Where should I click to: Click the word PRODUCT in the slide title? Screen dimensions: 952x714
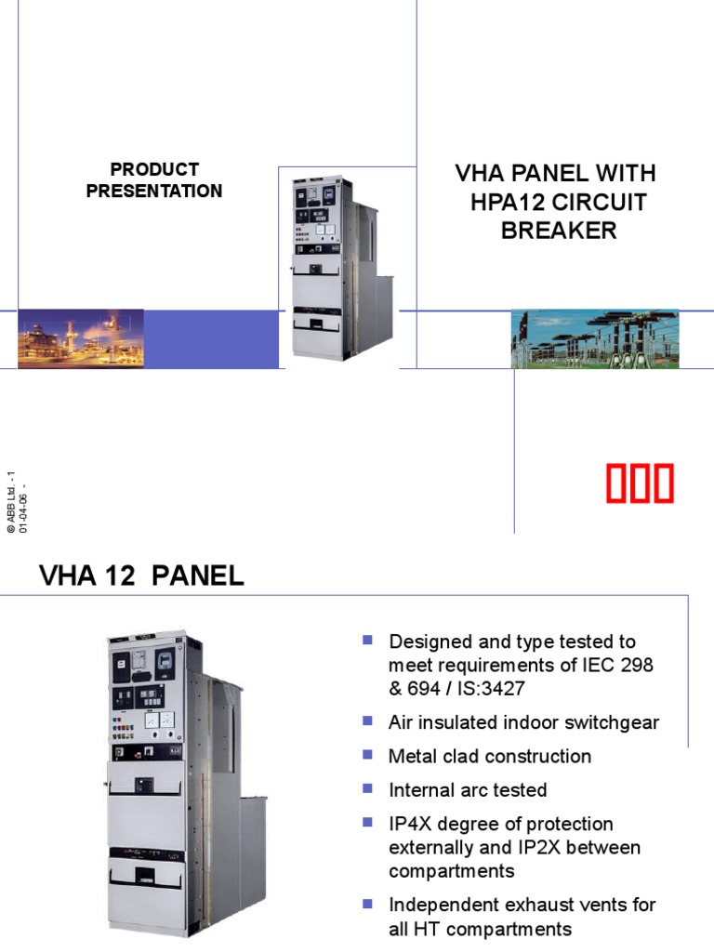(154, 169)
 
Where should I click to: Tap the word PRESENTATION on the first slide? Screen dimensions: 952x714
(154, 191)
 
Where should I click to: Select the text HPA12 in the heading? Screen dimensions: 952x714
(507, 202)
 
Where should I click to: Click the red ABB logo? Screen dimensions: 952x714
(641, 484)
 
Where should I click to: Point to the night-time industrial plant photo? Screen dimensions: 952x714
(81, 338)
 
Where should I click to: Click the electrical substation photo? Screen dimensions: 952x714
(595, 338)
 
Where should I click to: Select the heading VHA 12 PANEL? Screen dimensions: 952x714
(141, 575)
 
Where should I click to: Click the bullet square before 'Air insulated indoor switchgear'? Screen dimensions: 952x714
(368, 721)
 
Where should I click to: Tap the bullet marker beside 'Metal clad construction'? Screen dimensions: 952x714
(368, 754)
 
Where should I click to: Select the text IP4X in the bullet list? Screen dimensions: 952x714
(410, 824)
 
